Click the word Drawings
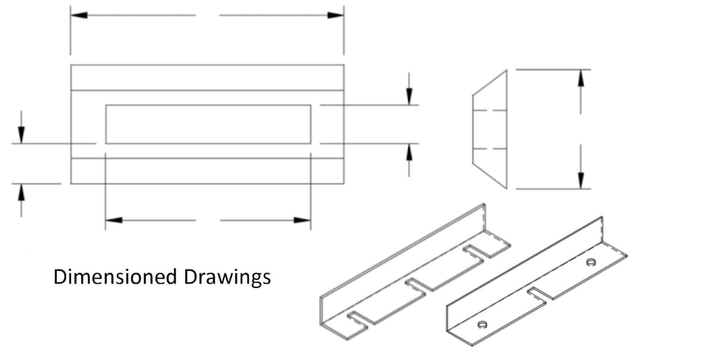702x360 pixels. click(227, 278)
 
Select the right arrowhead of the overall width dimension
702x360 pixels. click(336, 15)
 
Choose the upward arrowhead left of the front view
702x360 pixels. click(22, 191)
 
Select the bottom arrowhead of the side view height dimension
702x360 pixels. click(581, 181)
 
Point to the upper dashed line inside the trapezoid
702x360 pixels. click(490, 111)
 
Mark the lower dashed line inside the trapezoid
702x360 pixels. click(490, 149)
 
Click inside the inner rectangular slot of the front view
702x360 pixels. click(208, 124)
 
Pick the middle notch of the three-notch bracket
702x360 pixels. click(413, 284)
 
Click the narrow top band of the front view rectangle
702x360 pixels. click(207, 78)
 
